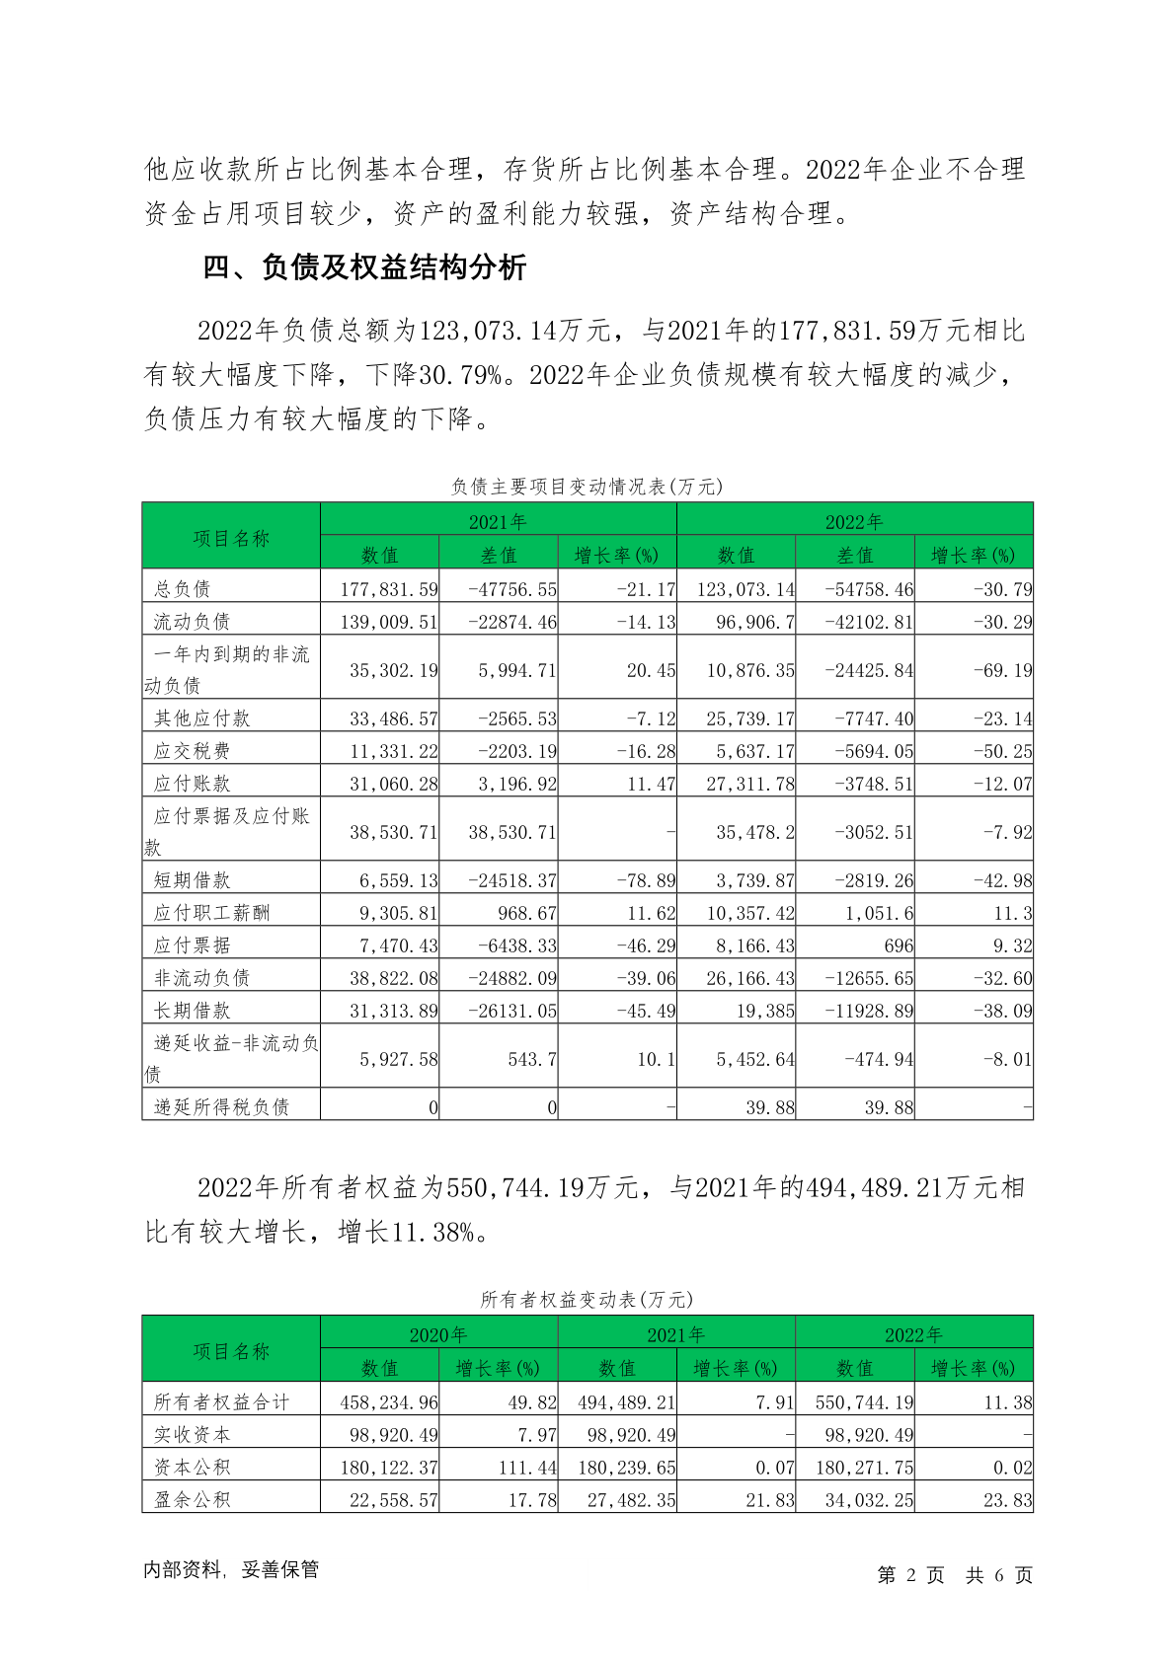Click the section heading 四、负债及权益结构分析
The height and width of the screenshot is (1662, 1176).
click(364, 267)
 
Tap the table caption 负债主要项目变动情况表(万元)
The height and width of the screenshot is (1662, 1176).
click(587, 486)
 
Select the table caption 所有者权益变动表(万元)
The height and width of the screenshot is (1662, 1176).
click(587, 1299)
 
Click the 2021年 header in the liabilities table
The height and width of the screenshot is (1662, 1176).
click(498, 521)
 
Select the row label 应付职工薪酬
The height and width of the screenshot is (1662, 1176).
click(211, 912)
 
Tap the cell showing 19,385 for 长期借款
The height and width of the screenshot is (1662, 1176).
click(764, 1011)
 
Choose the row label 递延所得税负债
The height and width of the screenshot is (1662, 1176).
click(221, 1107)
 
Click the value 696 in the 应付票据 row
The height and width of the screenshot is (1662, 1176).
click(899, 945)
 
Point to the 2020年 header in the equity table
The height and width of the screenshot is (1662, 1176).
click(438, 1334)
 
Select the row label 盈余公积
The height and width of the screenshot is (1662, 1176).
click(192, 1500)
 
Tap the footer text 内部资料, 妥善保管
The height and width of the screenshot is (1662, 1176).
click(231, 1569)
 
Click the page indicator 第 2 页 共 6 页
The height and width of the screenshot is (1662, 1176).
click(954, 1575)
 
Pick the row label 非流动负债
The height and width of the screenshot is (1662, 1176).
click(201, 977)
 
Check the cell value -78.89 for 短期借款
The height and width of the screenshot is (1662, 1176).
click(646, 880)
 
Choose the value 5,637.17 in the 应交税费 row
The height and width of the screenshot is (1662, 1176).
click(754, 751)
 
